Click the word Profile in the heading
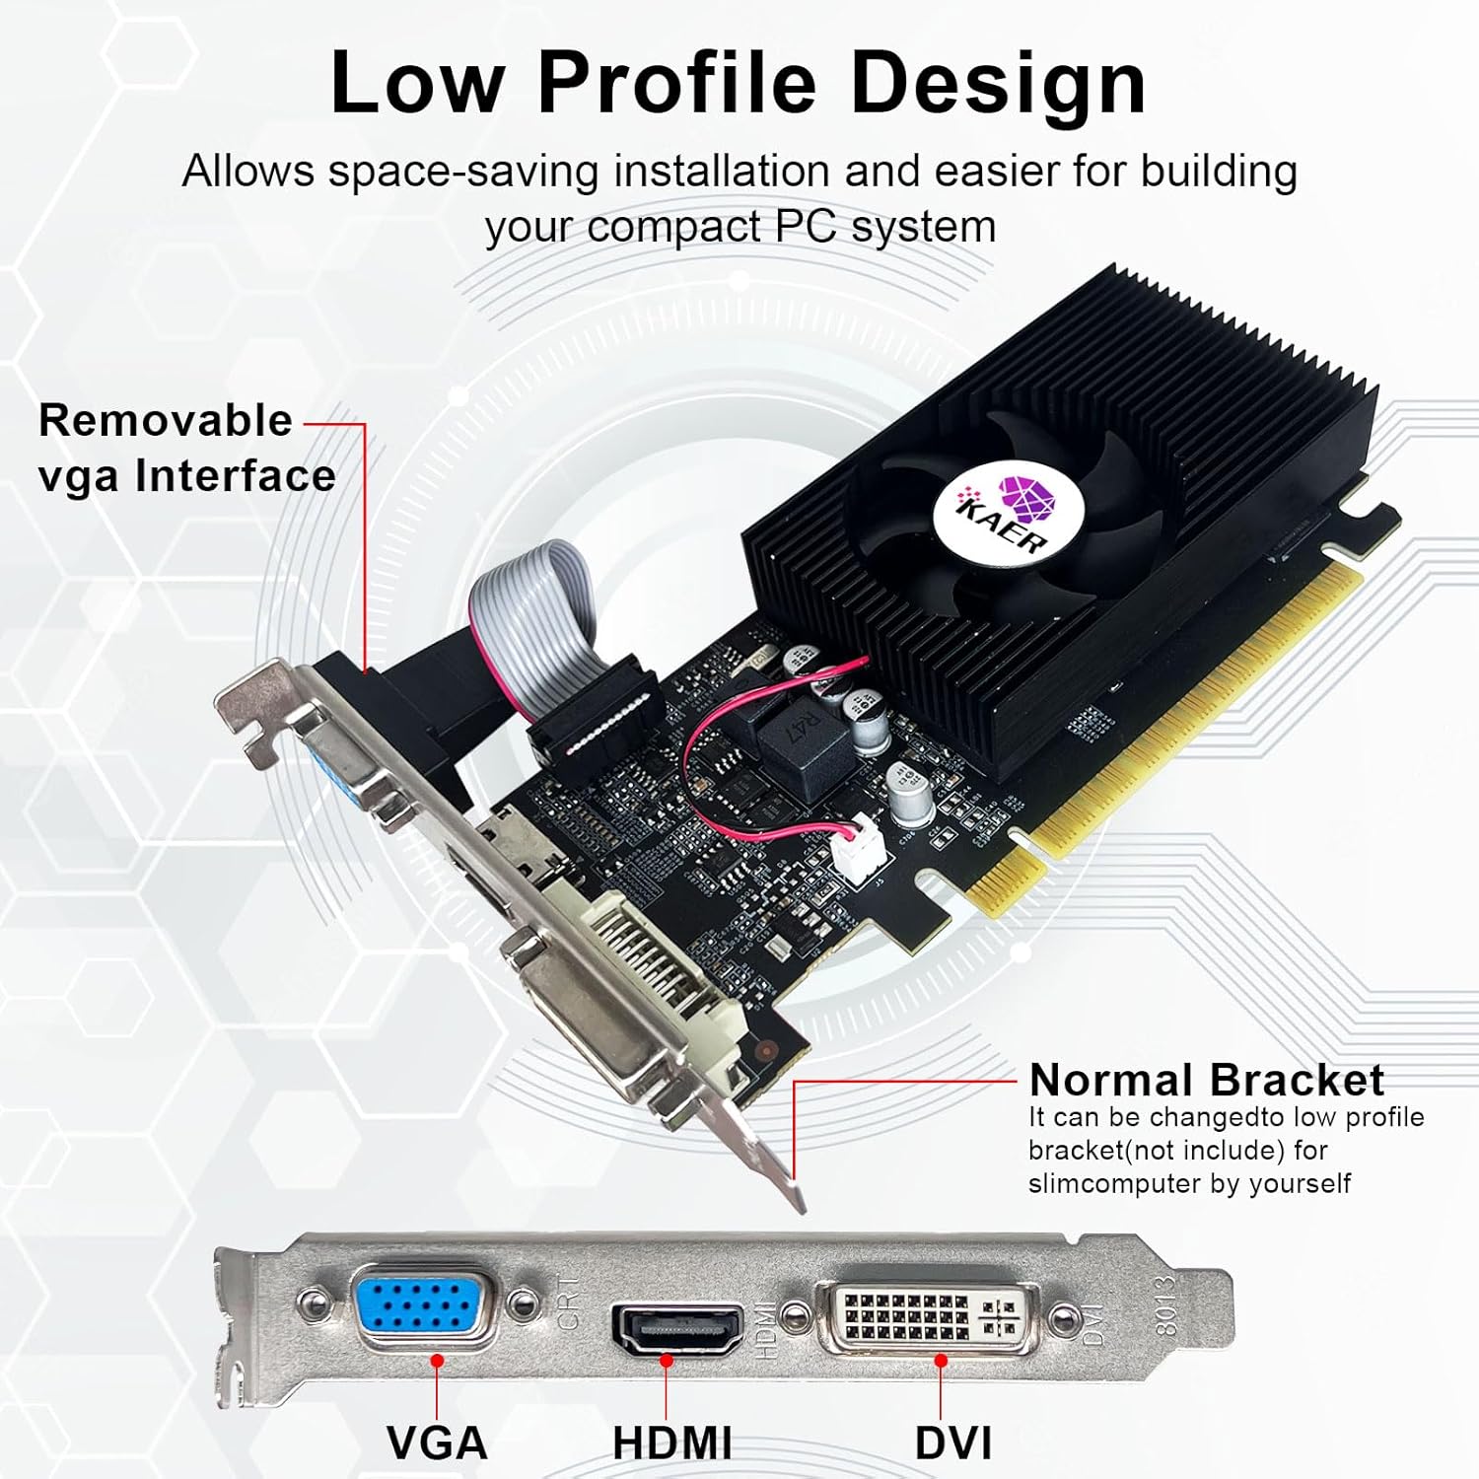click(676, 82)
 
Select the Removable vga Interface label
click(186, 449)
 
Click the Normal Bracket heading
click(1206, 1081)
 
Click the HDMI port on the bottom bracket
click(677, 1327)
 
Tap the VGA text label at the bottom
click(437, 1444)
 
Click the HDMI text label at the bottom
click(671, 1444)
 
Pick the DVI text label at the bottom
click(952, 1444)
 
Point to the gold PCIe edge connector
click(1163, 739)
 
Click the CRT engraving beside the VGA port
click(570, 1301)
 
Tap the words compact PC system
click(791, 228)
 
